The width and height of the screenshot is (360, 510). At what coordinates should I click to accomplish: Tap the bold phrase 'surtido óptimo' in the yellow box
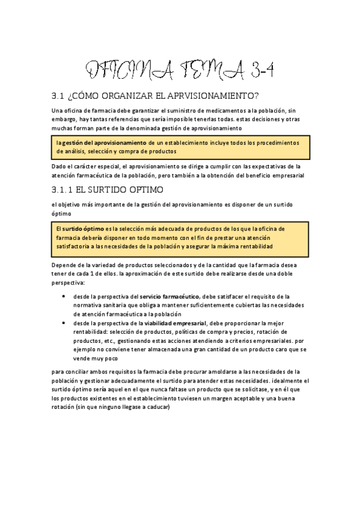click(x=84, y=229)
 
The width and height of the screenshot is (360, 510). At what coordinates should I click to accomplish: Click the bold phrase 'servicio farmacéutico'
click(x=169, y=296)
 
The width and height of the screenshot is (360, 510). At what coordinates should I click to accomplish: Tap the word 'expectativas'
click(x=261, y=167)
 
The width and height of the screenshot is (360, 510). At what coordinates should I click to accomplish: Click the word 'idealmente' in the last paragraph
click(x=289, y=381)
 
